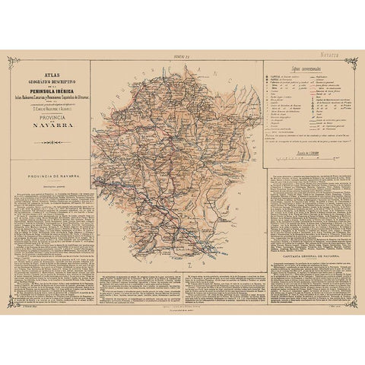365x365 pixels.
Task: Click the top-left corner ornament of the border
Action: (x=7, y=60)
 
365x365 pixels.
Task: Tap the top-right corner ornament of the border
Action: (x=358, y=60)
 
